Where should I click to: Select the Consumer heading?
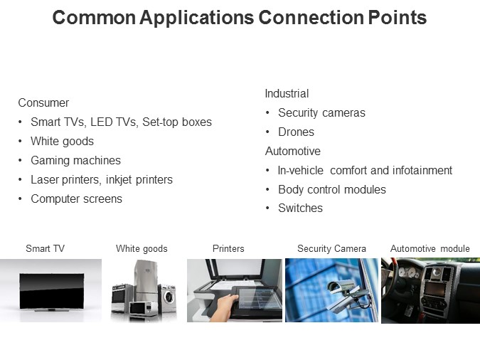coord(43,102)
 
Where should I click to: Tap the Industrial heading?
coord(287,93)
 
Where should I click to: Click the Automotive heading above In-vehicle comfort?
coord(292,151)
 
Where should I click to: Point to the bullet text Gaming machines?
coord(75,160)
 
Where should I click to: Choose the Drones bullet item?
coord(296,132)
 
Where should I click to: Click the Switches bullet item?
coord(300,208)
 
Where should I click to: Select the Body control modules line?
coord(331,189)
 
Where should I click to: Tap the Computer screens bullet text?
coord(76,198)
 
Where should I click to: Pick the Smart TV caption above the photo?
coord(45,248)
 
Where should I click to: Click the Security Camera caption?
coord(331,248)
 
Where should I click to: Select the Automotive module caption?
coord(430,248)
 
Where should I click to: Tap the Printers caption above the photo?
coord(228,248)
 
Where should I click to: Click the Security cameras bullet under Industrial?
coord(321,112)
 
